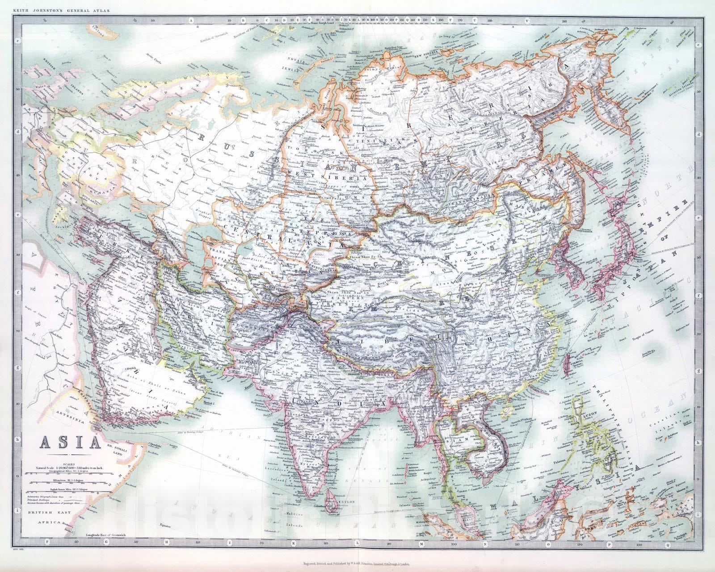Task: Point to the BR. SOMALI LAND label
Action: (x=120, y=448)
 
